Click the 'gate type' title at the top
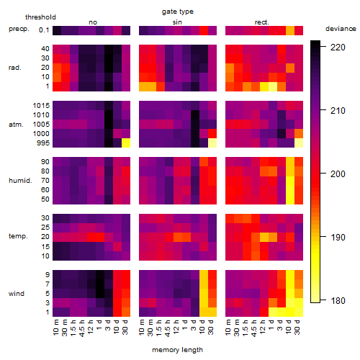(x=178, y=12)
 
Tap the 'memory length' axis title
(x=177, y=350)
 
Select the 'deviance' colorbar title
(x=341, y=29)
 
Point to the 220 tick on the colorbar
(x=323, y=47)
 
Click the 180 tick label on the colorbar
(x=338, y=300)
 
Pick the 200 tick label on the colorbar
(x=338, y=174)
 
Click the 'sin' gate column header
(x=177, y=22)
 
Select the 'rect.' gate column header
(x=262, y=22)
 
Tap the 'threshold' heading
(x=40, y=17)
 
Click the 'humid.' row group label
(x=20, y=181)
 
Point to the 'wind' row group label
(x=17, y=294)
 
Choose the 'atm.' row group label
(x=16, y=125)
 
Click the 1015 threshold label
(x=41, y=105)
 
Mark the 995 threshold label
(x=43, y=143)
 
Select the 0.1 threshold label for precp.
(x=44, y=30)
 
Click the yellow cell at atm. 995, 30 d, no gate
(x=126, y=143)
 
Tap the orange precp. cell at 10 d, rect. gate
(x=290, y=30)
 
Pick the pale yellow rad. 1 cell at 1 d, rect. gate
(x=273, y=86)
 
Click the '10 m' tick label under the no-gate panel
(x=56, y=327)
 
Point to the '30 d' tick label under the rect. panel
(x=297, y=327)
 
